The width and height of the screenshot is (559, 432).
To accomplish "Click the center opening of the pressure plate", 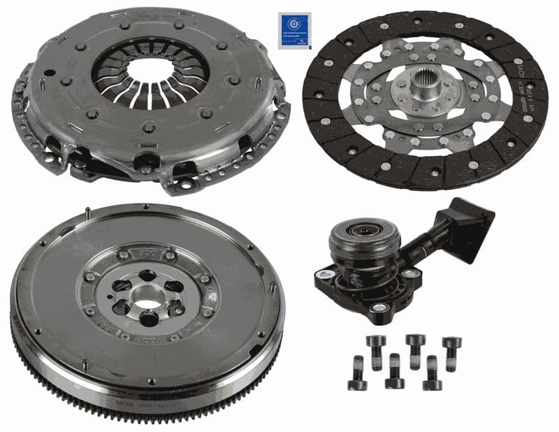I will (150, 71).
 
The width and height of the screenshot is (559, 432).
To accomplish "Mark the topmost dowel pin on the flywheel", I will (88, 213).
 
